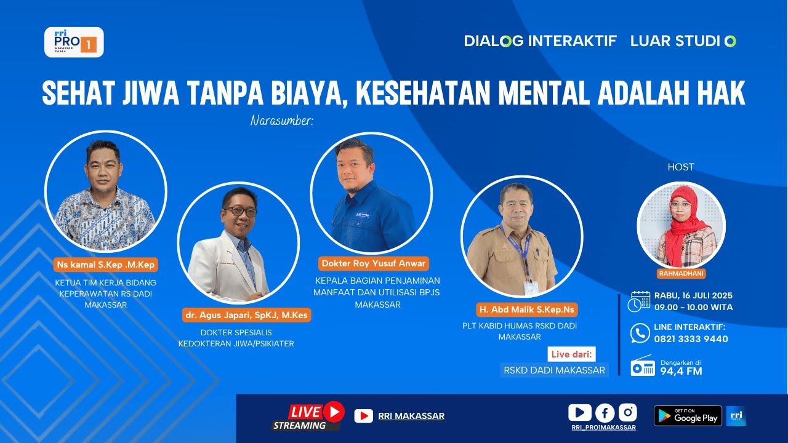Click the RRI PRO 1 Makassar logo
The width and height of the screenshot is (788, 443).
coord(74,42)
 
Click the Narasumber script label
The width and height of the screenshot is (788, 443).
coord(282,121)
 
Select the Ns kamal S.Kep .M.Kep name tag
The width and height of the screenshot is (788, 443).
coord(106,265)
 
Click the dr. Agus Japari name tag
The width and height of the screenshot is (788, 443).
coord(246,315)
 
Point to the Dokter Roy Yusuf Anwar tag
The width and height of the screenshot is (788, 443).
coord(373,263)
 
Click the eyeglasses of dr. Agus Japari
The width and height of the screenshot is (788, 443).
coord(240,211)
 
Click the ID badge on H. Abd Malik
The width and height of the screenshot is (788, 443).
coord(530,287)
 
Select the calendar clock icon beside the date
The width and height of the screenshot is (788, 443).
coord(640,301)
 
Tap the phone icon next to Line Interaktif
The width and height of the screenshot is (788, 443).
coord(640,333)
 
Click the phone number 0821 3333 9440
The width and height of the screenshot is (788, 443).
coord(691,339)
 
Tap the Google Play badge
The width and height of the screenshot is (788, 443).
coord(688,416)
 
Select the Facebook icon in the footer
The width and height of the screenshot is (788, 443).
coord(605,413)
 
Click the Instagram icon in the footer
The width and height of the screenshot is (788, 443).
coord(627,412)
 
